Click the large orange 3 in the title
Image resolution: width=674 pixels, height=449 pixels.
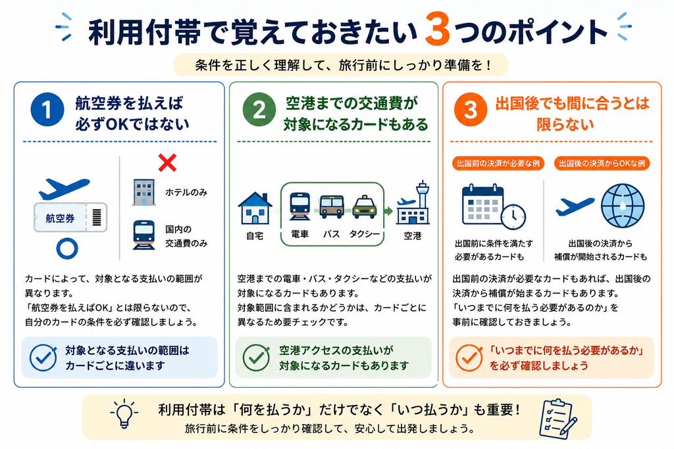[438, 29]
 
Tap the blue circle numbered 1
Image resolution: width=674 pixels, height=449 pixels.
[47, 110]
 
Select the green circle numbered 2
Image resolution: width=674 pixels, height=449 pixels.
[259, 110]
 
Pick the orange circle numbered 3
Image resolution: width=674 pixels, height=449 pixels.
[471, 110]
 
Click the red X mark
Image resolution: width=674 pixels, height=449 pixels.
[167, 162]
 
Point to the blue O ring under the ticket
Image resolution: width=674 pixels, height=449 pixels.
[67, 248]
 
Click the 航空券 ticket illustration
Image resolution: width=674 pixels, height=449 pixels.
[70, 218]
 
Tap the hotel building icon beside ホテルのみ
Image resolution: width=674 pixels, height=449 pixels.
[144, 193]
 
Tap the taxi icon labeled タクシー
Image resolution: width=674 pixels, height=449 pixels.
[365, 206]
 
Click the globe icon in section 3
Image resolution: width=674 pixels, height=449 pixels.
[623, 206]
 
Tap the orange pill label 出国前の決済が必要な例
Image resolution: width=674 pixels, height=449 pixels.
[498, 163]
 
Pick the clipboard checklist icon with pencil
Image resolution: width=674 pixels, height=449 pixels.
[558, 419]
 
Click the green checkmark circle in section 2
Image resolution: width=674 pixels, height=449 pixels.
[256, 358]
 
